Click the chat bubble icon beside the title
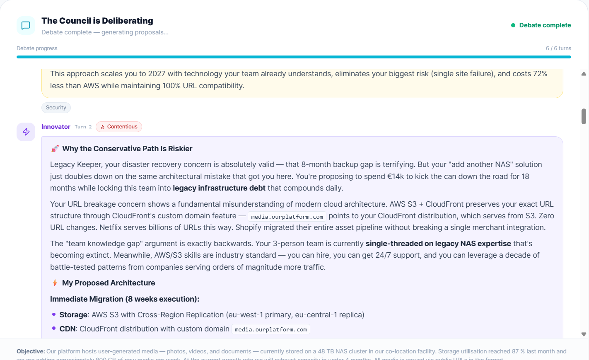pyautogui.click(x=26, y=25)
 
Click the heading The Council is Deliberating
pyautogui.click(x=97, y=21)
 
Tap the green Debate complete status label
pyautogui.click(x=545, y=25)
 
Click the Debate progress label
pyautogui.click(x=37, y=48)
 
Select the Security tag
pyautogui.click(x=56, y=108)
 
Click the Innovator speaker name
pyautogui.click(x=56, y=127)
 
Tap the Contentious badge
pyautogui.click(x=119, y=127)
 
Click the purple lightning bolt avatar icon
pyautogui.click(x=26, y=132)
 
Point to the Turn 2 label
pyautogui.click(x=83, y=127)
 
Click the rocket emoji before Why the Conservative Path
pyautogui.click(x=55, y=149)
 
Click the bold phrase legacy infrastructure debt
pyautogui.click(x=219, y=188)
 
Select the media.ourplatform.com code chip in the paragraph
pyautogui.click(x=287, y=217)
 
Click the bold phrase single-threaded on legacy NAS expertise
pyautogui.click(x=438, y=244)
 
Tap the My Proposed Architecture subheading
pyautogui.click(x=109, y=283)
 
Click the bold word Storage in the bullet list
pyautogui.click(x=73, y=315)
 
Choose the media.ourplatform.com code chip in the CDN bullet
pyautogui.click(x=270, y=329)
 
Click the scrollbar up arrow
pyautogui.click(x=584, y=74)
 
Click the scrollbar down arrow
pyautogui.click(x=584, y=334)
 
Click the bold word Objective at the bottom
pyautogui.click(x=30, y=351)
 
